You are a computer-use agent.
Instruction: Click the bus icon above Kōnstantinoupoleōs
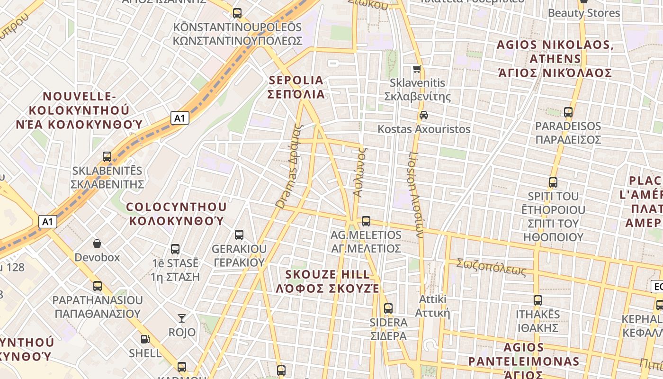[237, 13]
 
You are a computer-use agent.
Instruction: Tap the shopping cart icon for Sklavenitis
[417, 69]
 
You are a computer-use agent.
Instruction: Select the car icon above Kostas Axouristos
[423, 115]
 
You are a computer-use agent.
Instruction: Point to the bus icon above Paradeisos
[568, 112]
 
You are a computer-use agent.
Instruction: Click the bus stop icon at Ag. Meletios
[366, 221]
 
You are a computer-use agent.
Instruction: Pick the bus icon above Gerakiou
[239, 235]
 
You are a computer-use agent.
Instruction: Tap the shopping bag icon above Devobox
[97, 244]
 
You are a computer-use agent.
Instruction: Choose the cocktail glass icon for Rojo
[182, 318]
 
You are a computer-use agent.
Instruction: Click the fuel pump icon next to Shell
[145, 339]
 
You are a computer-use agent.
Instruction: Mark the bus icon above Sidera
[388, 308]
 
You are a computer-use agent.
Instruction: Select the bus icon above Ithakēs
[538, 300]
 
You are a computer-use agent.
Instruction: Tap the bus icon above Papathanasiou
[97, 286]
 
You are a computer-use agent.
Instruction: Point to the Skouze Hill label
[328, 281]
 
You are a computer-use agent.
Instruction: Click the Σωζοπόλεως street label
[491, 267]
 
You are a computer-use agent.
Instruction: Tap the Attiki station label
[432, 306]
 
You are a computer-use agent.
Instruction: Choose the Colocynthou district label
[176, 214]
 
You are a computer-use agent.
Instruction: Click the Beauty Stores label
[583, 13]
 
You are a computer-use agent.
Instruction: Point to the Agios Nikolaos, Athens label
[555, 59]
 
